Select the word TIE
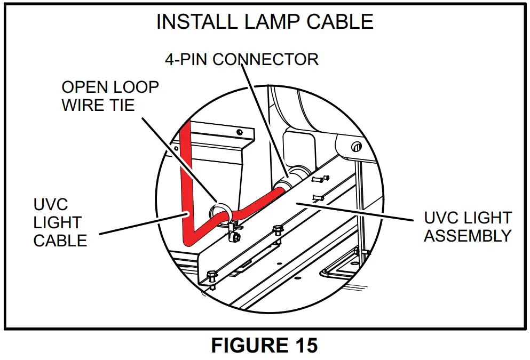click(x=121, y=105)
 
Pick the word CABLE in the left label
click(x=60, y=241)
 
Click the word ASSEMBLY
click(x=468, y=235)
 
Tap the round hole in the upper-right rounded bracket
click(x=353, y=146)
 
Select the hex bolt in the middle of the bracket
click(x=277, y=230)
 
